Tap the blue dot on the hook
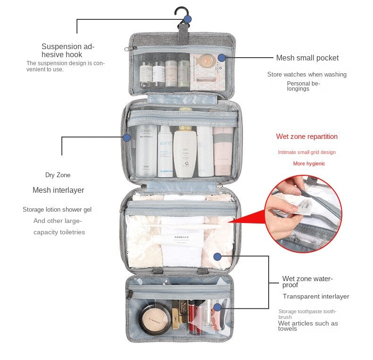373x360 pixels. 187,19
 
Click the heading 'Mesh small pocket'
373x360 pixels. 307,58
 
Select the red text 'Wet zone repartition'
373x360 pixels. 307,137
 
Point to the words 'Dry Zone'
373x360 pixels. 58,175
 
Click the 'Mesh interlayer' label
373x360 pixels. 58,190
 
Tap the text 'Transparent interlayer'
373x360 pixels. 316,297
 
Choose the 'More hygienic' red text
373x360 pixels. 309,164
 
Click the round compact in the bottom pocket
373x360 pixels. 154,318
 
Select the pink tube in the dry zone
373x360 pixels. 223,151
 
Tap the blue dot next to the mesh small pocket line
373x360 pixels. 221,58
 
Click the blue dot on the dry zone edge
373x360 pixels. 127,137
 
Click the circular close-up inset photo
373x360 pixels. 303,214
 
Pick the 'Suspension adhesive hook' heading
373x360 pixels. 68,51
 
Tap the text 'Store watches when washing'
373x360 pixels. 307,75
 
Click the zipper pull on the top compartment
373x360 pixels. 129,49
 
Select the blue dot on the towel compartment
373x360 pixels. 217,257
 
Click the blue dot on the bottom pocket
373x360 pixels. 217,307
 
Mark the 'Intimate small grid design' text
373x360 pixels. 307,153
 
